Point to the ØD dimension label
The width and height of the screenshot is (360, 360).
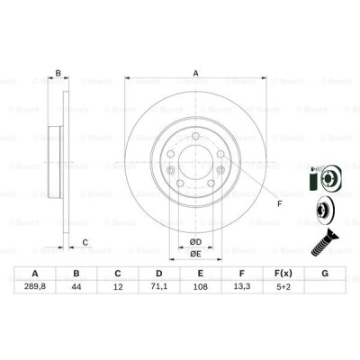194,240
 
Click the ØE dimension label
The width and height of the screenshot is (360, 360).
194,255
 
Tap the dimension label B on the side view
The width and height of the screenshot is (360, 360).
58,73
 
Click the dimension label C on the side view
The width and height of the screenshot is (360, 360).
85,242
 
